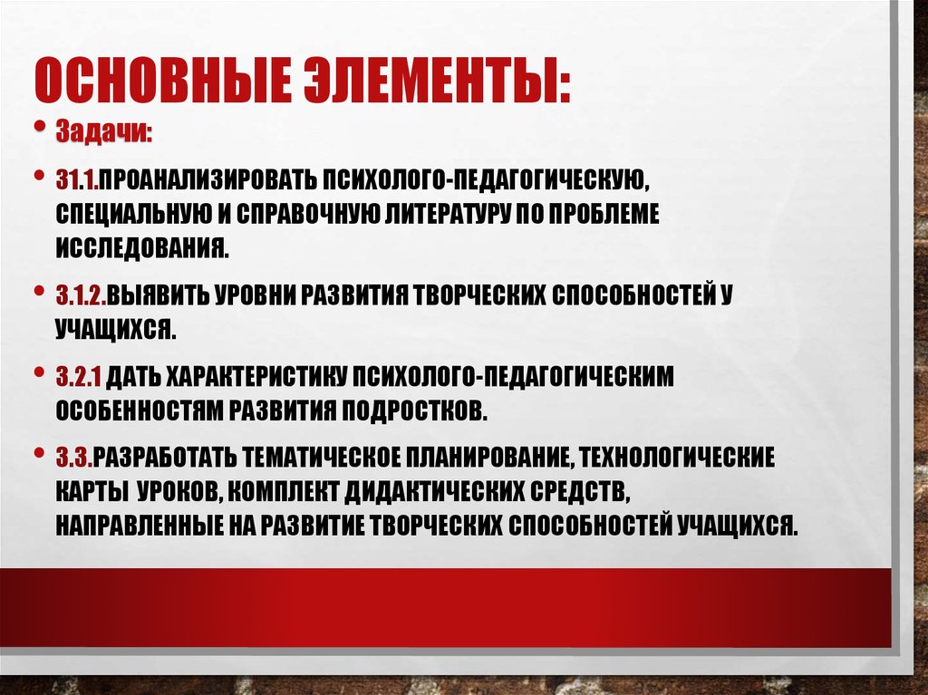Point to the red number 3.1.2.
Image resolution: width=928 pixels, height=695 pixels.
point(82,295)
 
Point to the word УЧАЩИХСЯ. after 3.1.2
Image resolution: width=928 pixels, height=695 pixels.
point(115,328)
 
